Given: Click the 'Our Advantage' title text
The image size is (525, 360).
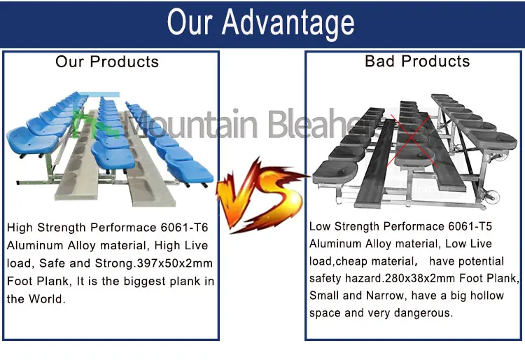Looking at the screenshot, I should click(x=260, y=23).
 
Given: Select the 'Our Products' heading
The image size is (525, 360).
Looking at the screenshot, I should click(x=107, y=62).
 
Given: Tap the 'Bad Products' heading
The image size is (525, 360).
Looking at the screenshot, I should click(x=417, y=62).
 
